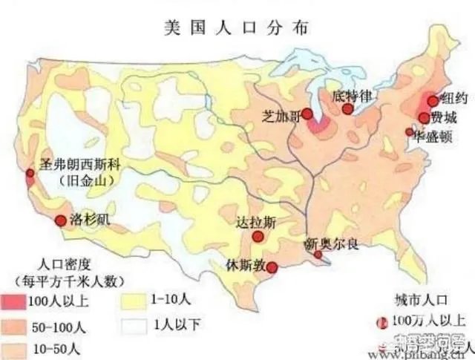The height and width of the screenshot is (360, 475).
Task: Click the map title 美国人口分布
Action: (x=237, y=27)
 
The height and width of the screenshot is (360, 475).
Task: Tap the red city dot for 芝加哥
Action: (x=307, y=115)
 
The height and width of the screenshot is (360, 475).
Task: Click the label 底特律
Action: (x=350, y=96)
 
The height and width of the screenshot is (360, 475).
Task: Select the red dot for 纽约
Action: (x=433, y=101)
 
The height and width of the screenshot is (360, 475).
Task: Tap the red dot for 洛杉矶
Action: (x=61, y=220)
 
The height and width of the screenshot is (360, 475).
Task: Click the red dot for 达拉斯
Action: (x=258, y=237)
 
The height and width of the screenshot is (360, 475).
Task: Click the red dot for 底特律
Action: (x=347, y=109)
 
